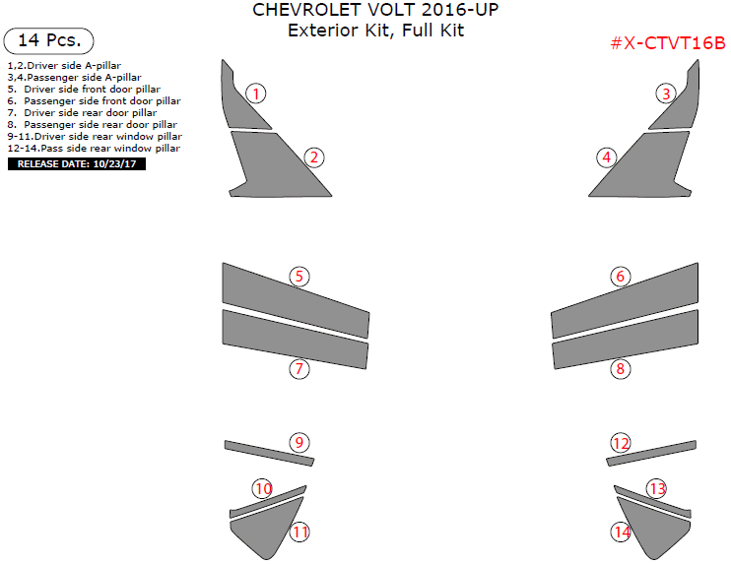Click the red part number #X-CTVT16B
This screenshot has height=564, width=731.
tap(668, 43)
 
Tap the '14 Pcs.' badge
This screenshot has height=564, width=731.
tap(48, 40)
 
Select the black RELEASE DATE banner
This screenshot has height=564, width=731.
tap(77, 164)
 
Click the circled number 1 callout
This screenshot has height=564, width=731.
tap(255, 94)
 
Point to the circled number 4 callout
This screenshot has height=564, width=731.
tap(607, 157)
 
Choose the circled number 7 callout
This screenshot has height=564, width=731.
tap(299, 369)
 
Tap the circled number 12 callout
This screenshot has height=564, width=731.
tap(621, 443)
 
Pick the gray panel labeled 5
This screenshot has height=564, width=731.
tap(296, 300)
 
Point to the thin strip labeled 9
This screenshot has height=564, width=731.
tap(269, 453)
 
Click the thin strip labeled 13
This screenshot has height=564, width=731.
tap(652, 502)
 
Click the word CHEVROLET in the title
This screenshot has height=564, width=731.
tap(306, 10)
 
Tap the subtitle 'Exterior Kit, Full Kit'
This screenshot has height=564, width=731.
tap(375, 31)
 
